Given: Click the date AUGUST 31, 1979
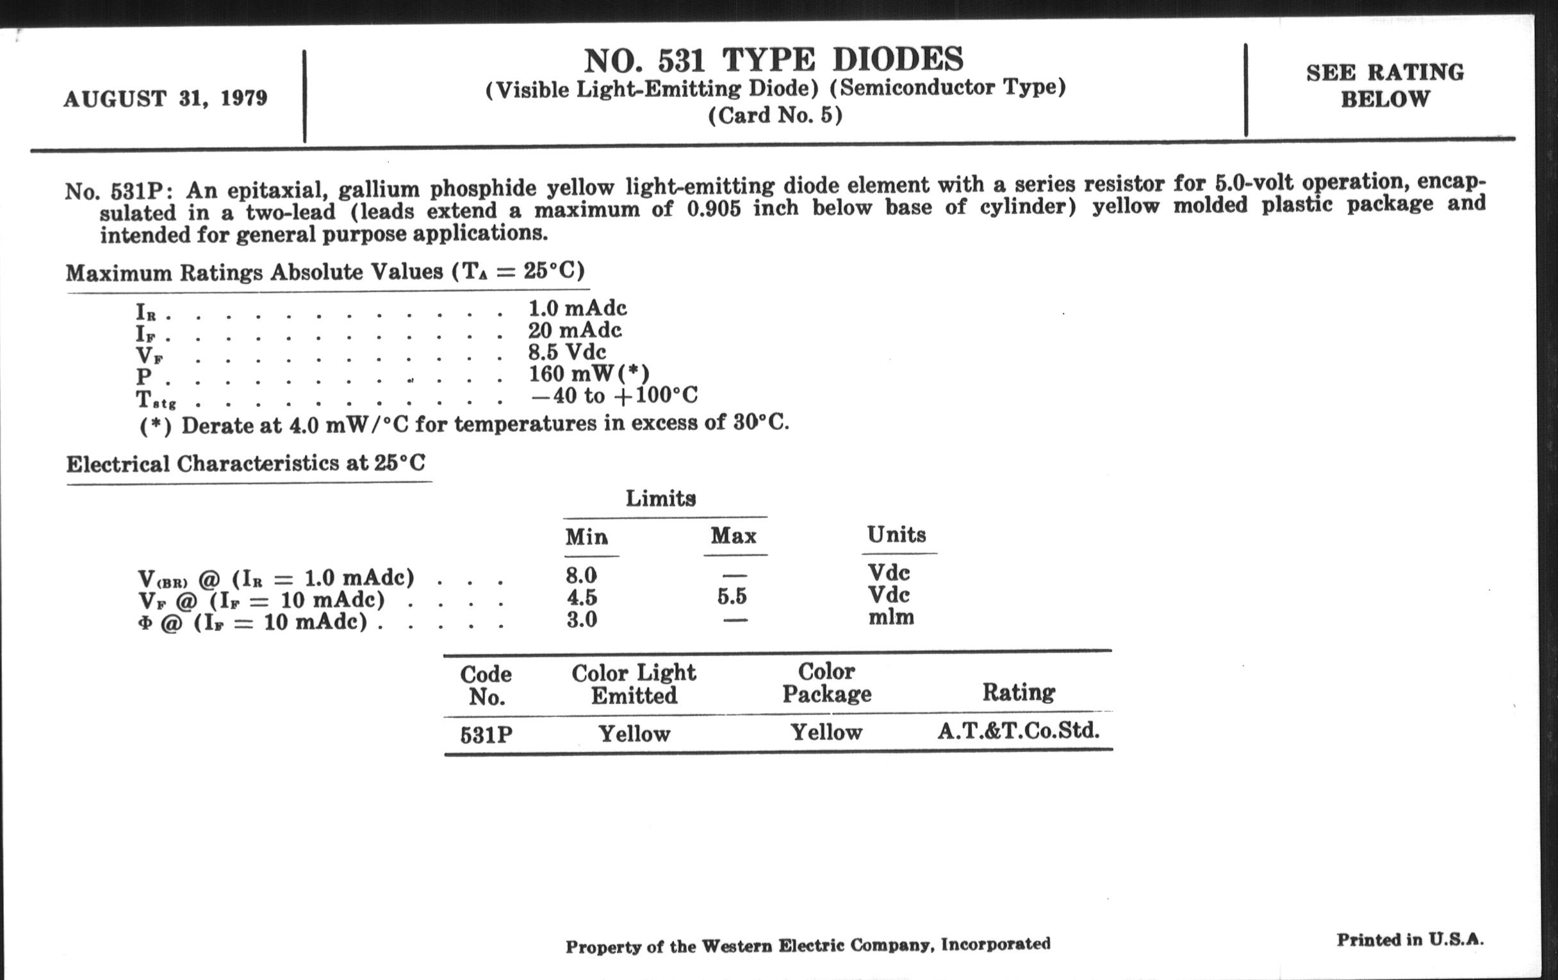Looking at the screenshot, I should click(x=165, y=99).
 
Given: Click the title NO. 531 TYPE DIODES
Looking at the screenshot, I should click(x=774, y=60).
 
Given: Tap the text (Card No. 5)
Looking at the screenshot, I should click(x=775, y=115).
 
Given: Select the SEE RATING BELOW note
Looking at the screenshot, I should click(x=1384, y=85).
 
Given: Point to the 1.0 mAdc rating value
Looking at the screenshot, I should click(x=578, y=308).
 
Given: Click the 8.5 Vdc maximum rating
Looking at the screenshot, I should click(x=568, y=352).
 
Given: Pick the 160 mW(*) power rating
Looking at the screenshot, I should click(x=589, y=374).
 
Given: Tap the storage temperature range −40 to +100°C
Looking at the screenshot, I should click(x=614, y=395).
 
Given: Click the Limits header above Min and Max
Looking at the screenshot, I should click(x=660, y=498).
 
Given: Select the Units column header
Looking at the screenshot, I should click(x=896, y=534).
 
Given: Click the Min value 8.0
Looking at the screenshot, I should click(x=582, y=575).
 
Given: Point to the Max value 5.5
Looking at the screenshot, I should click(x=732, y=596).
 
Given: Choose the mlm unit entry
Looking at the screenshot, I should click(x=891, y=617).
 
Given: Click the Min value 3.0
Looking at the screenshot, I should click(x=582, y=619).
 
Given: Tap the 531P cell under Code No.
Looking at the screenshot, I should click(x=486, y=735).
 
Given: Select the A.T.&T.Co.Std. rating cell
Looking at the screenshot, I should click(x=1019, y=731).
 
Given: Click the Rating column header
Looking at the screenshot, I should click(x=1019, y=692).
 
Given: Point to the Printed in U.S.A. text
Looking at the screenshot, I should click(x=1411, y=939).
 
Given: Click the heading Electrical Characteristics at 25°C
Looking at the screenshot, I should click(x=246, y=464).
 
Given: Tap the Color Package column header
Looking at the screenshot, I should click(x=826, y=682).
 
